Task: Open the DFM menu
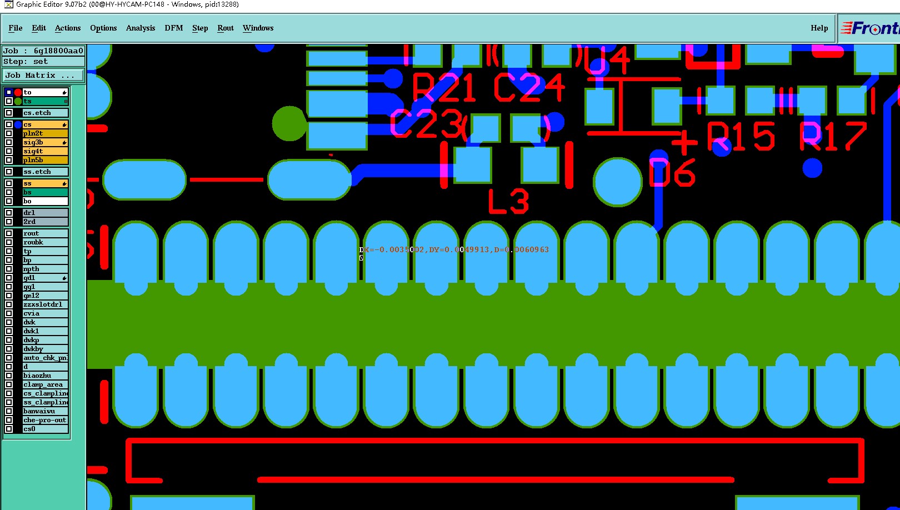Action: (x=173, y=28)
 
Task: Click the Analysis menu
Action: (x=140, y=28)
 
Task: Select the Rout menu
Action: (x=225, y=28)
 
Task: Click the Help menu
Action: (x=819, y=28)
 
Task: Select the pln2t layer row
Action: (x=44, y=133)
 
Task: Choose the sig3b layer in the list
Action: (x=44, y=142)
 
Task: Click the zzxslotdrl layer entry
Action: (x=44, y=304)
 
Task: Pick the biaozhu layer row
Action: (x=44, y=376)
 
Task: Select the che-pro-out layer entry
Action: (x=44, y=420)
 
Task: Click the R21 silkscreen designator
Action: (x=444, y=88)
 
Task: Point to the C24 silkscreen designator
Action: (x=528, y=88)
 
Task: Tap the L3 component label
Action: (x=508, y=202)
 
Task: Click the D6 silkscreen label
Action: (x=673, y=173)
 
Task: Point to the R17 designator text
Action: (x=833, y=137)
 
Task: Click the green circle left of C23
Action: (x=289, y=123)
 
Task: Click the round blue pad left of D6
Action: (x=618, y=182)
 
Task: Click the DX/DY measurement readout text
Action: (x=454, y=250)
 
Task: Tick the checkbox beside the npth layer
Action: (x=9, y=269)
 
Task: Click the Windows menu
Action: (x=258, y=28)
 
